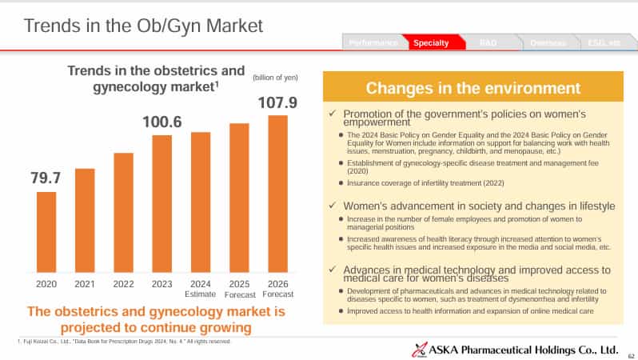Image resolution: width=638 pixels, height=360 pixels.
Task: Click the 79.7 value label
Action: [x=46, y=178]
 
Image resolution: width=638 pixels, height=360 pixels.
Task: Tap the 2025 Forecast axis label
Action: [x=239, y=287]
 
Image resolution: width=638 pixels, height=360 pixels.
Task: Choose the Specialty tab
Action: [x=430, y=42]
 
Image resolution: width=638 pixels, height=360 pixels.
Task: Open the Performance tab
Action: [x=373, y=42]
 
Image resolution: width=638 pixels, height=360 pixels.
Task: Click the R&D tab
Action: [x=488, y=42]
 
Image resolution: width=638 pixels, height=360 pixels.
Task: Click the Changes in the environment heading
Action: [x=473, y=88]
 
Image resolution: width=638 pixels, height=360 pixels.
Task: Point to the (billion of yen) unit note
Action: [x=275, y=77]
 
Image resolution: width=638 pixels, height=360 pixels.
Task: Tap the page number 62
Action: [x=630, y=355]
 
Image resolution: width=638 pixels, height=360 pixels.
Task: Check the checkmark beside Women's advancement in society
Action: [x=333, y=206]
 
